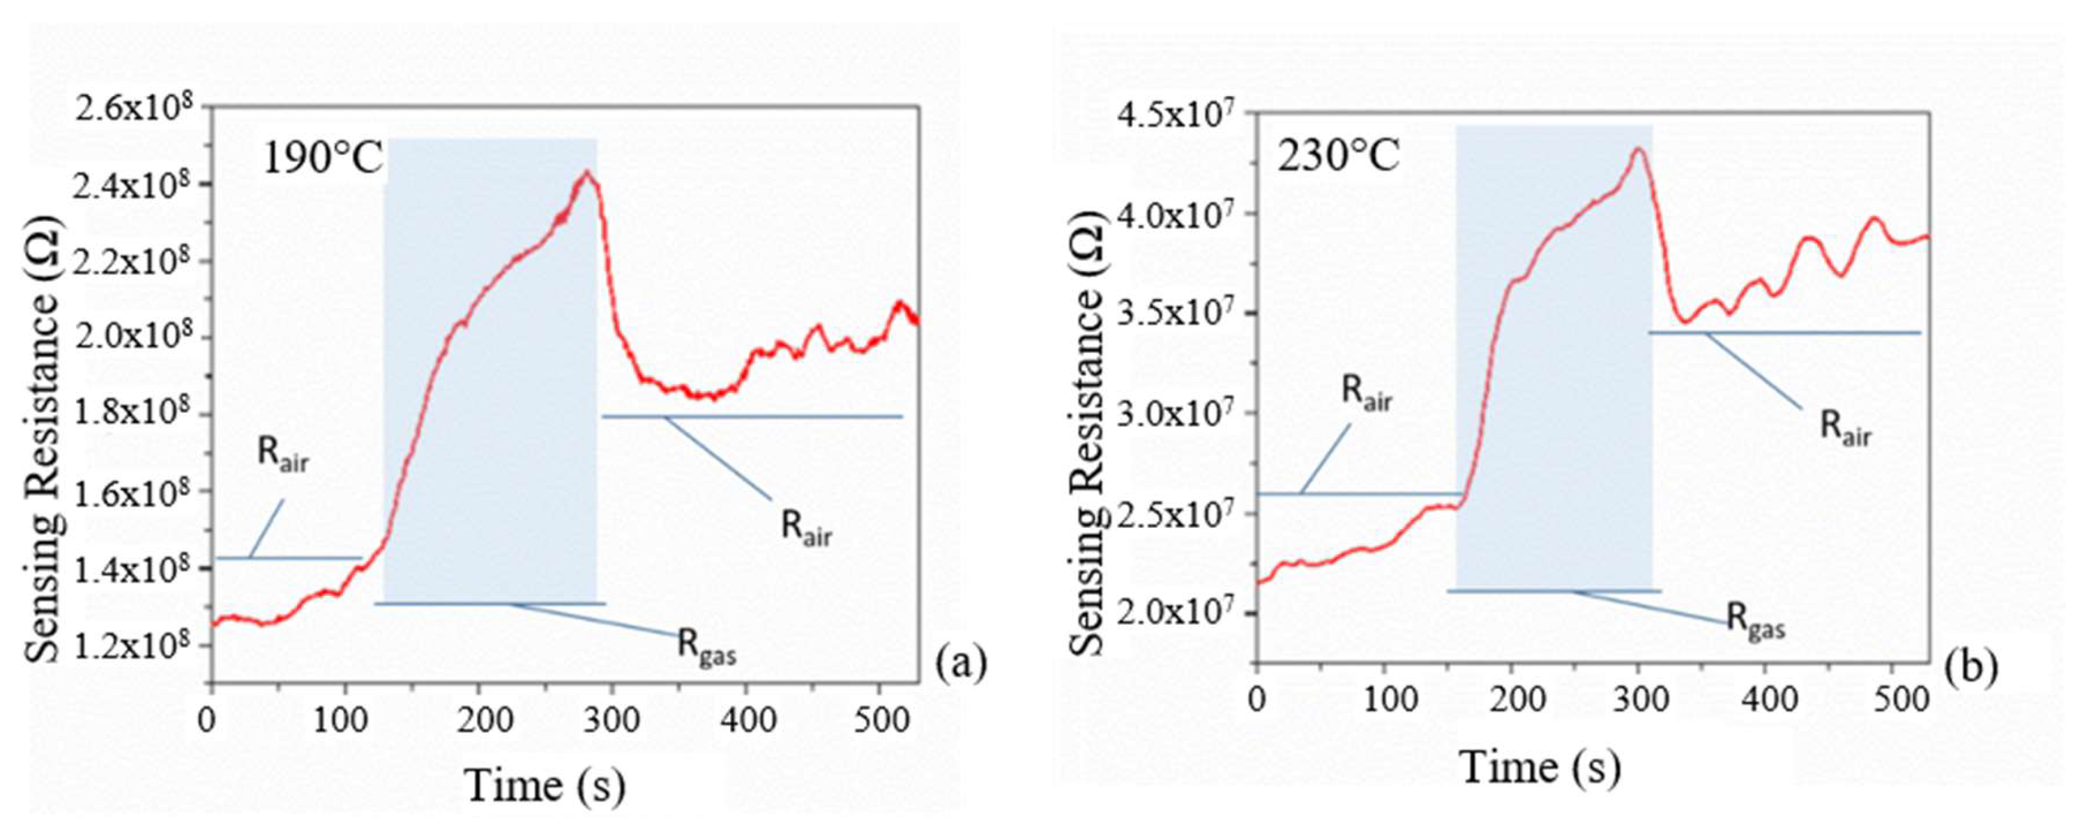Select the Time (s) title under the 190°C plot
pos(544,785)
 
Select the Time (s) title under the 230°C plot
pos(1540,765)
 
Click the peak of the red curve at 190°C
pos(587,171)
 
